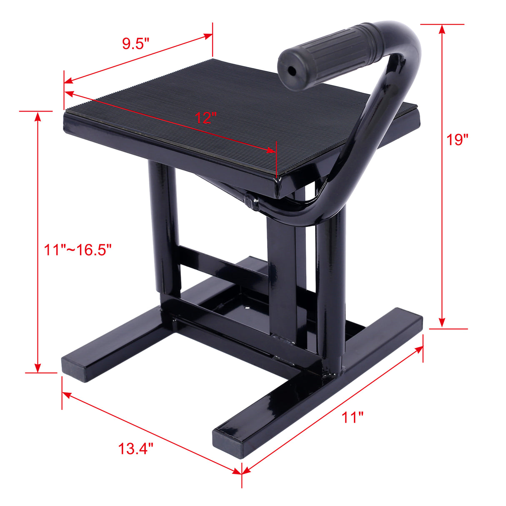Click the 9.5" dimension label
click(x=135, y=44)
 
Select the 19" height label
click(x=458, y=140)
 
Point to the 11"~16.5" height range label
click(x=78, y=250)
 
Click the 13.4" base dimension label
click(x=136, y=449)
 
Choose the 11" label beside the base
click(x=353, y=417)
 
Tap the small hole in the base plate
click(x=249, y=309)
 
